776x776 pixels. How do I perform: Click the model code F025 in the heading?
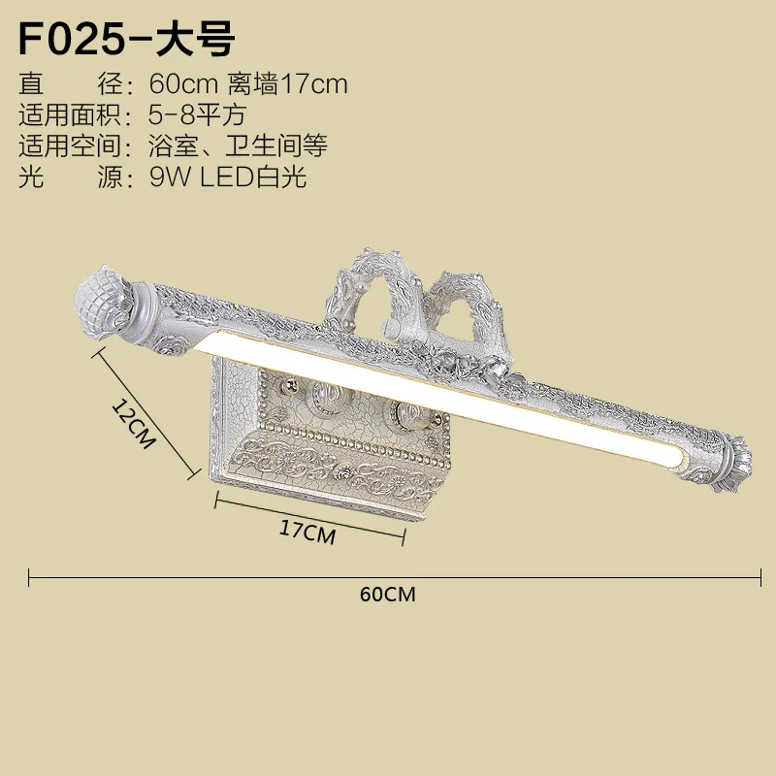(x=71, y=39)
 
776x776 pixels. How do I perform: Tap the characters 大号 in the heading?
(x=195, y=39)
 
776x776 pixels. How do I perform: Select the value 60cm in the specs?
(x=183, y=84)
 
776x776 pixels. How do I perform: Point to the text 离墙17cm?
(x=287, y=84)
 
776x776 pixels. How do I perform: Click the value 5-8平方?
(x=197, y=115)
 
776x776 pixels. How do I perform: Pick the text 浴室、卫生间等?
(x=238, y=145)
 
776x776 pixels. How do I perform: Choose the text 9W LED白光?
(x=228, y=177)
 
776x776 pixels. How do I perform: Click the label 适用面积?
(x=70, y=115)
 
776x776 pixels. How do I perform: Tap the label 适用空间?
(x=70, y=145)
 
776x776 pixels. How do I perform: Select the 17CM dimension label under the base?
(x=307, y=532)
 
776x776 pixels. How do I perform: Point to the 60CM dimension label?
(x=387, y=595)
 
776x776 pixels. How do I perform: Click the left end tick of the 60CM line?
(x=29, y=577)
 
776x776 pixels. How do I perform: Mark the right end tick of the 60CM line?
(x=760, y=577)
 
